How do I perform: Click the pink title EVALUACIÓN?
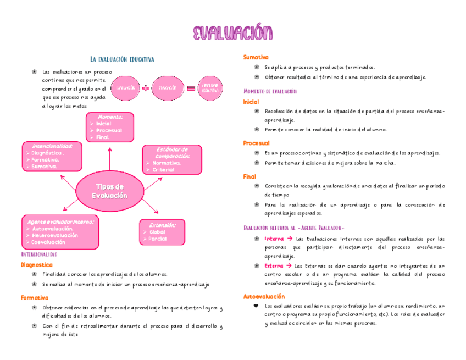232,33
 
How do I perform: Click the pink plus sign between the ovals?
146,88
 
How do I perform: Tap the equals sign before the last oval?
190,88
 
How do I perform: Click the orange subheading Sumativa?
256,57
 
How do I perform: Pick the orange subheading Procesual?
256,143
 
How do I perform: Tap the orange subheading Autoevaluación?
264,296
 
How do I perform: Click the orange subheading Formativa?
34,297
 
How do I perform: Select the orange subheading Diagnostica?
36,264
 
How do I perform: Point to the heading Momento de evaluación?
270,91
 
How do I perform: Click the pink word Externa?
274,265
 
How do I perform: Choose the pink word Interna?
274,239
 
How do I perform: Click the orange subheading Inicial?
251,102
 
